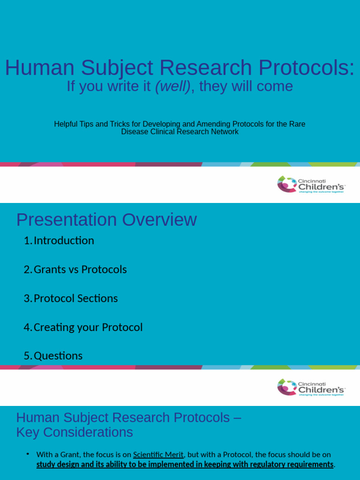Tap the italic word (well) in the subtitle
click(x=172, y=86)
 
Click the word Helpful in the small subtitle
click(x=67, y=124)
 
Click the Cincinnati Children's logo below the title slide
click(x=311, y=184)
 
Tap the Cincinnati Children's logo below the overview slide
click(x=311, y=388)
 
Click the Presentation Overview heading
click(x=106, y=220)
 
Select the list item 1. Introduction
click(x=59, y=240)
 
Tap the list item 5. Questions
click(x=53, y=356)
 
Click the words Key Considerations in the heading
click(x=75, y=432)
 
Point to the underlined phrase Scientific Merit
click(x=158, y=454)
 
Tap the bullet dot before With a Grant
click(x=28, y=454)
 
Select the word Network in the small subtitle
click(x=225, y=132)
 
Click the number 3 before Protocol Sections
click(x=26, y=299)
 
